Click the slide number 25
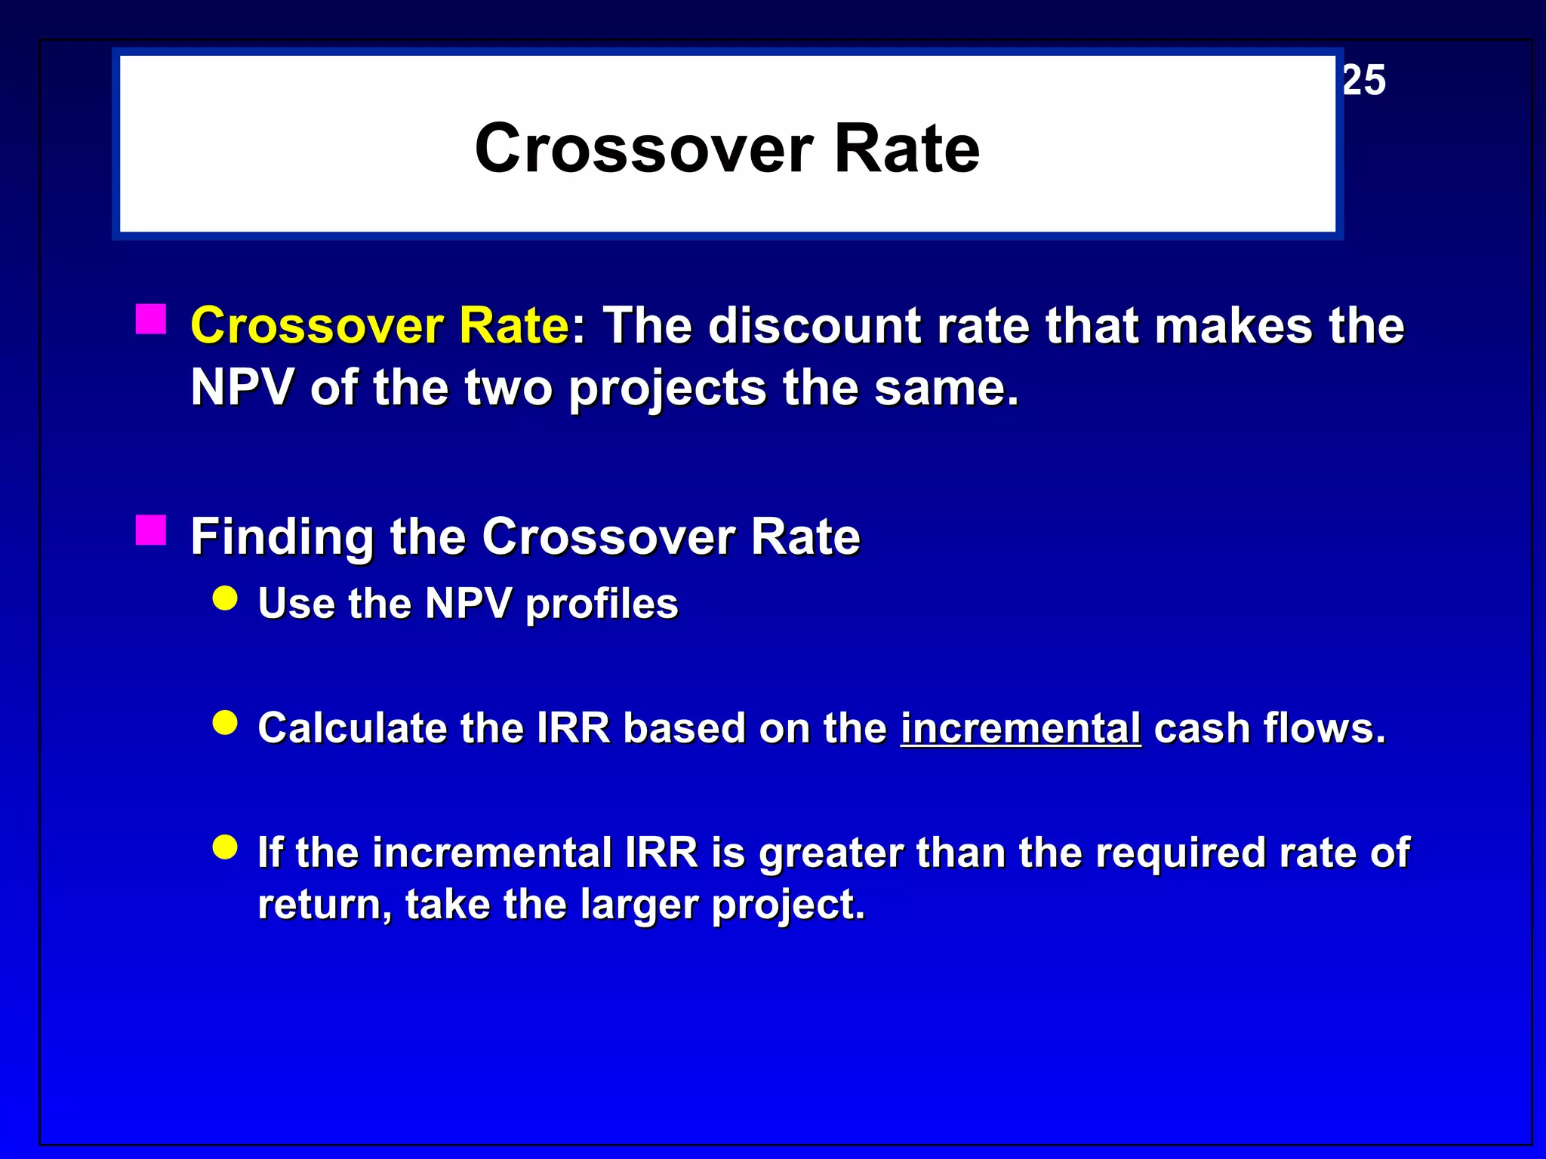tap(1364, 80)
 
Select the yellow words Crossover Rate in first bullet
tap(380, 326)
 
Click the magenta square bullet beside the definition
tap(151, 319)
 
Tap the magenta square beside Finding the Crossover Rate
tap(151, 530)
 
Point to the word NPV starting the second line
tap(242, 388)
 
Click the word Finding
tap(282, 537)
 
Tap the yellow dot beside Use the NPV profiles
tap(225, 599)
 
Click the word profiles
tap(602, 604)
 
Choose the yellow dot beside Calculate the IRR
tap(225, 723)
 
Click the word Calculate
tap(352, 728)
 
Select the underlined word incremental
tap(1020, 728)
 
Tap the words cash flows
tap(1269, 728)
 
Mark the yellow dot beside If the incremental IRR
tap(225, 847)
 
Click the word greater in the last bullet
tap(830, 853)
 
